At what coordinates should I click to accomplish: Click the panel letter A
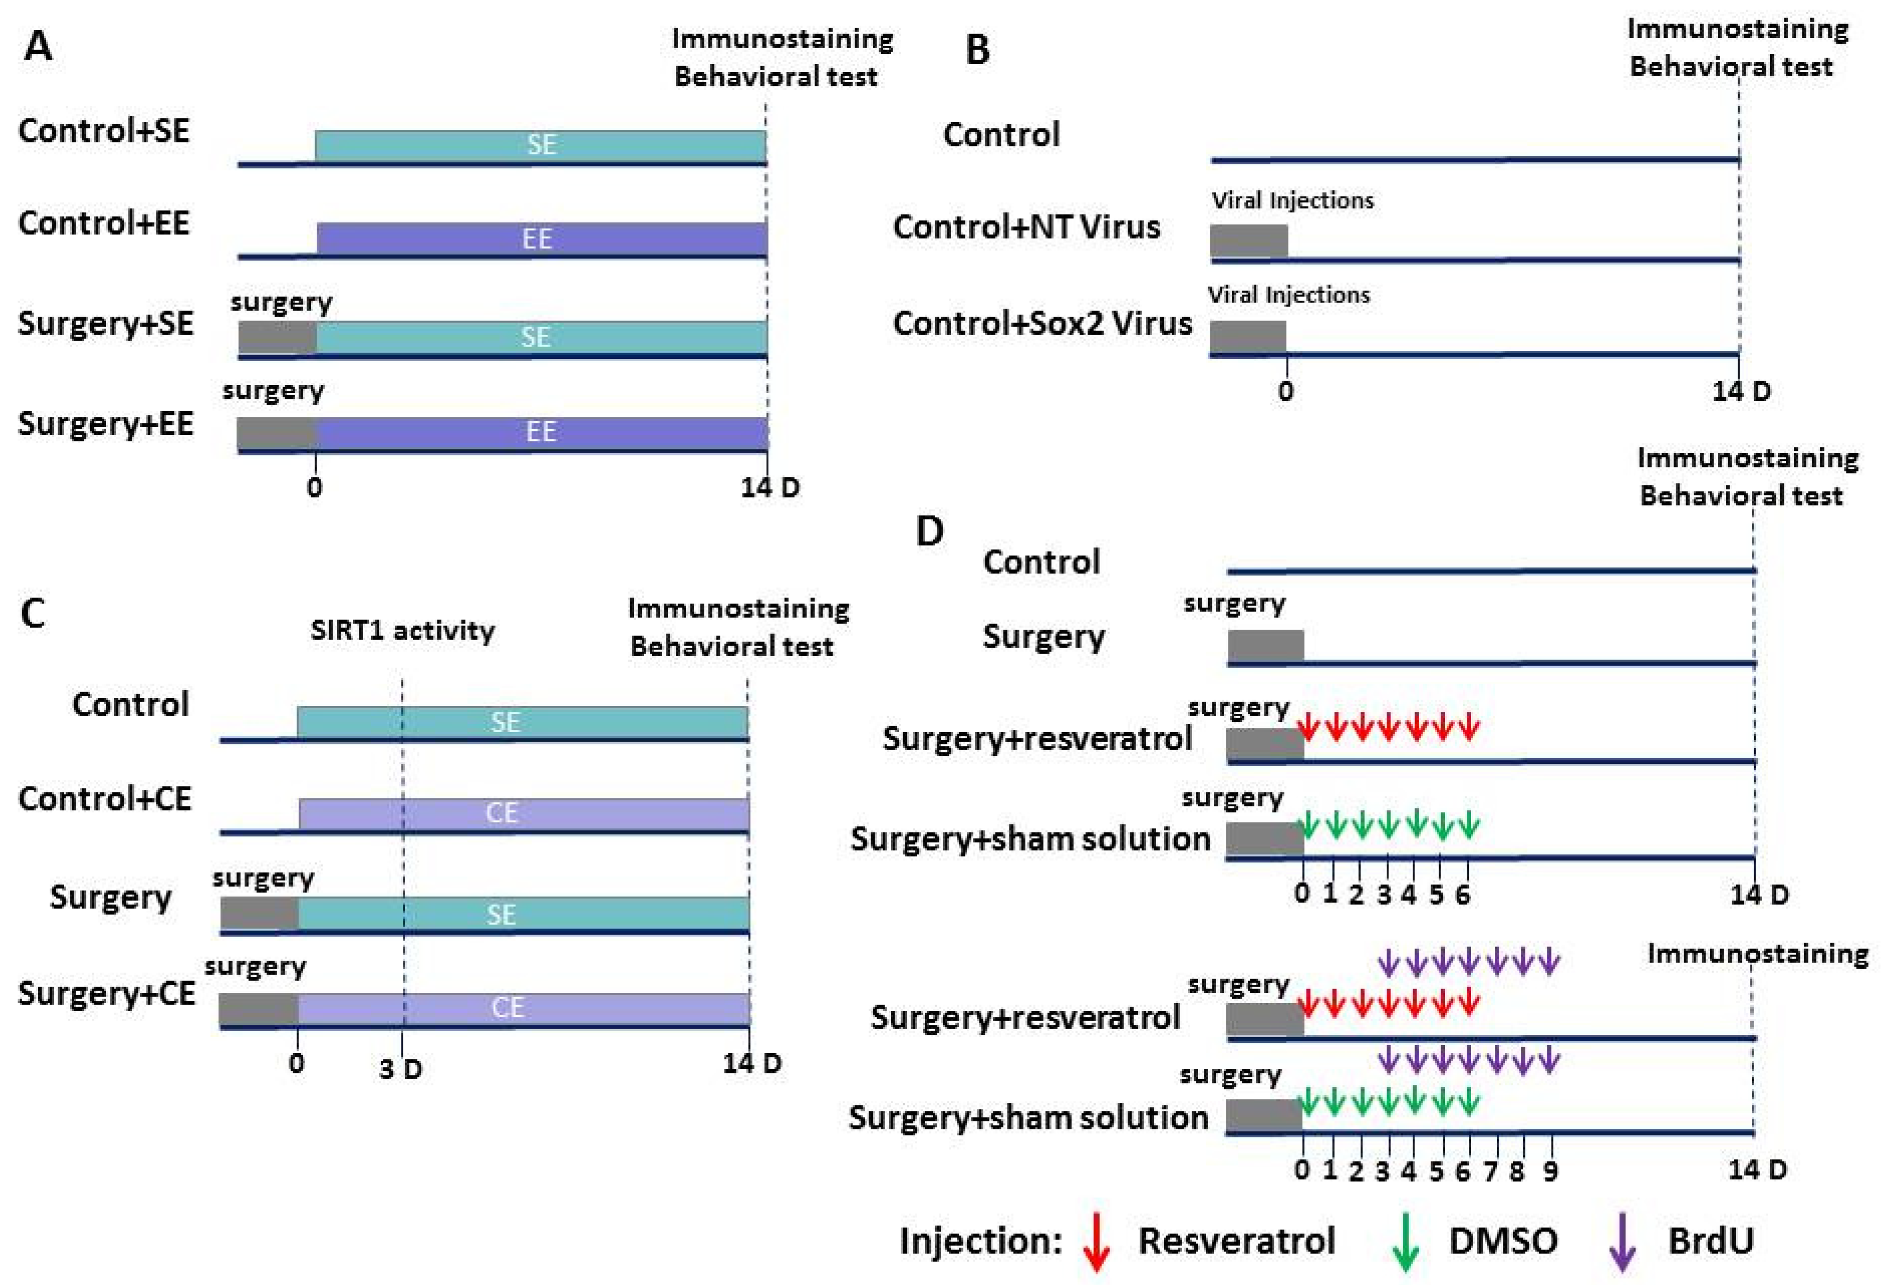(38, 46)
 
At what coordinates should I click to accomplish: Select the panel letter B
(978, 50)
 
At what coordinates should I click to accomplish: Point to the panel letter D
(930, 532)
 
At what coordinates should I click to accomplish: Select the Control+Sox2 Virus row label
(1042, 323)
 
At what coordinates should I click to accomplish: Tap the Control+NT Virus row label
(1026, 227)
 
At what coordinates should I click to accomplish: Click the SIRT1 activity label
(402, 630)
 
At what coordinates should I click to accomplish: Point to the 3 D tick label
(400, 1070)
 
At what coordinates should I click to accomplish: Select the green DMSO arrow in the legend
(1406, 1241)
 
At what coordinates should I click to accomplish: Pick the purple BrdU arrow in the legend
(1621, 1241)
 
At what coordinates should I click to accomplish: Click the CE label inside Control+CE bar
(502, 813)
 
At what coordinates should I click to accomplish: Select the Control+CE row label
(104, 799)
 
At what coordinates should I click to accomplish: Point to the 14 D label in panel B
(1741, 392)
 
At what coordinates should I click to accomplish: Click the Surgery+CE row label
(106, 993)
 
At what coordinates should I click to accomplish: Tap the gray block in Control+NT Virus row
(1249, 241)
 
